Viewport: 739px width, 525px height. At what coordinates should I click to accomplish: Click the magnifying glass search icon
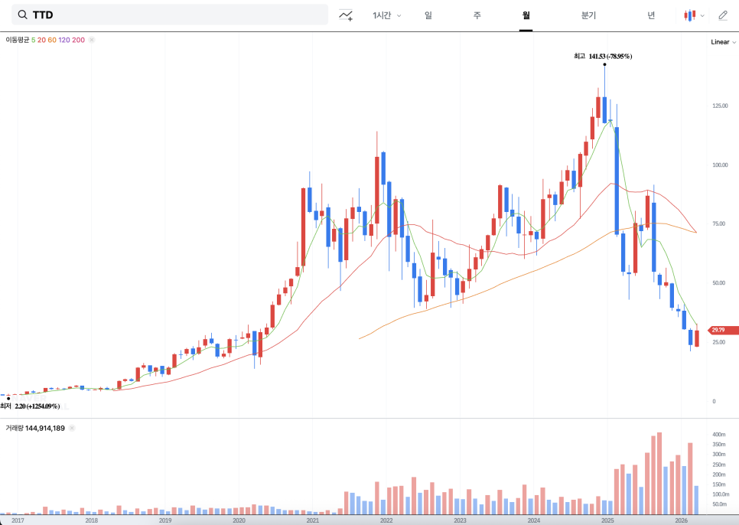22,15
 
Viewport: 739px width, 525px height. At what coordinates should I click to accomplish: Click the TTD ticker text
43,15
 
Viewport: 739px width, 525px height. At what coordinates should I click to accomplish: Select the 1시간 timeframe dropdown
386,15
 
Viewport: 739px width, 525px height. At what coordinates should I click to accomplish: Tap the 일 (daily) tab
428,15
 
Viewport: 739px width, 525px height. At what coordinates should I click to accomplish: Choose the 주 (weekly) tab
477,15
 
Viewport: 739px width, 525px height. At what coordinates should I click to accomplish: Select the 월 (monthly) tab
526,15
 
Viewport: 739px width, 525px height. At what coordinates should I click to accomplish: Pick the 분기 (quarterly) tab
588,15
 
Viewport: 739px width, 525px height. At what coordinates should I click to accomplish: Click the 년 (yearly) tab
650,15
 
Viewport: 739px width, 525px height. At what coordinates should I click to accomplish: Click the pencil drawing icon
723,15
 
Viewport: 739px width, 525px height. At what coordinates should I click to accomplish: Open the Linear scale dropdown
723,42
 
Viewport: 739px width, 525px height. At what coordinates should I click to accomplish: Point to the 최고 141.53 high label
603,56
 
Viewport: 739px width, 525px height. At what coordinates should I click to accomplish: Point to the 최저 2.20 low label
31,406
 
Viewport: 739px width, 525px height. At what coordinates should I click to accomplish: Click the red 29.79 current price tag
723,331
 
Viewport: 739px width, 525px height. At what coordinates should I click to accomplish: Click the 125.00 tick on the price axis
719,106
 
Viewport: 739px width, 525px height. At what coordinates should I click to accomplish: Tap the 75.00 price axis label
719,224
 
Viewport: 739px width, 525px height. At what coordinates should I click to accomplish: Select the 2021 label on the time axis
312,520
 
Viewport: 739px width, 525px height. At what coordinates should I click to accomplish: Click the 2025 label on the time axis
607,520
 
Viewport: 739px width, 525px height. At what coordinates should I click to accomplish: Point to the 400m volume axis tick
718,435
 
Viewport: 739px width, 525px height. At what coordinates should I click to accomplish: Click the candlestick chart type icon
690,15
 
